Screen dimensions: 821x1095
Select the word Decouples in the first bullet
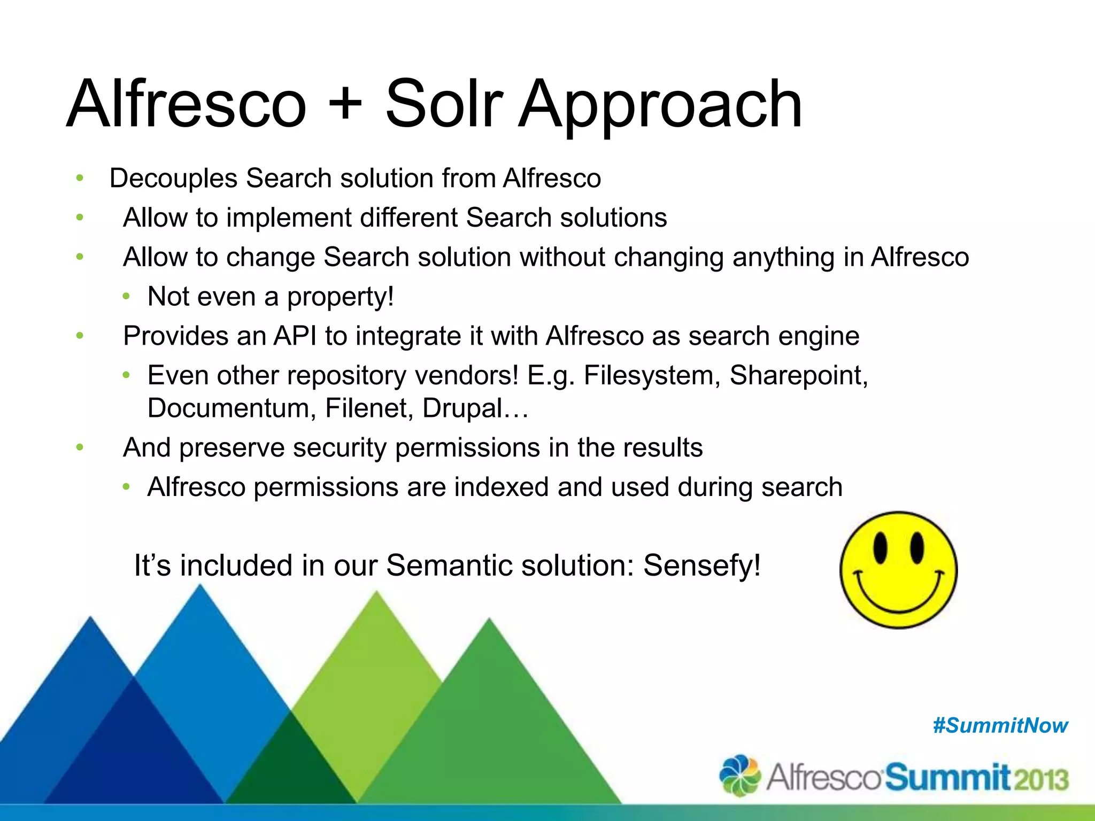173,179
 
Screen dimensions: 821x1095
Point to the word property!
341,297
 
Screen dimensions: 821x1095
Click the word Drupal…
475,408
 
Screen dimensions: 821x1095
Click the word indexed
499,487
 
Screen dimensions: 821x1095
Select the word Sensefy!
702,566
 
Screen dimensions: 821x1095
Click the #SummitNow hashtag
1000,726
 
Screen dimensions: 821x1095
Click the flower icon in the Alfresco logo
740,775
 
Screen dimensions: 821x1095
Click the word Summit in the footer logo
947,777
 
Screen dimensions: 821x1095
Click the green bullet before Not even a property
126,297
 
